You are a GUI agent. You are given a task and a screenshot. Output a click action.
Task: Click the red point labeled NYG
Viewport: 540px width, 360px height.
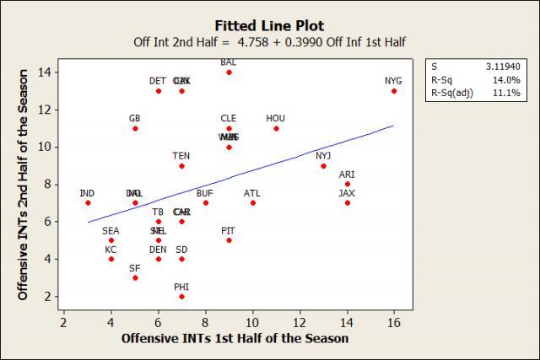click(394, 91)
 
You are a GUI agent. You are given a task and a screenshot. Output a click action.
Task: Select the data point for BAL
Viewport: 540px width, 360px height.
click(229, 73)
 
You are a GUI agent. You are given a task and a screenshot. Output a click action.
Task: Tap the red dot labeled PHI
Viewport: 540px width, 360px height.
click(181, 297)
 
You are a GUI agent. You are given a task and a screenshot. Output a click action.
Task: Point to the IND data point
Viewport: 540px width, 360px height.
click(88, 202)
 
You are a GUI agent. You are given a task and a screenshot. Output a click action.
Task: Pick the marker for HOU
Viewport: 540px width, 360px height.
click(276, 128)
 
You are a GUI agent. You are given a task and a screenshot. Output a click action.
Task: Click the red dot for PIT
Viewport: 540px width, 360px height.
click(229, 240)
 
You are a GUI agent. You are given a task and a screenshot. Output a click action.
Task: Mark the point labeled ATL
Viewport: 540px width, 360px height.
click(252, 202)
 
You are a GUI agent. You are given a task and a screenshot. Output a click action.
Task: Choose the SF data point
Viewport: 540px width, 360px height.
click(135, 277)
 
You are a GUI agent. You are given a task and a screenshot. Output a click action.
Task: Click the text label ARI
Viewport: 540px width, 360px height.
click(347, 175)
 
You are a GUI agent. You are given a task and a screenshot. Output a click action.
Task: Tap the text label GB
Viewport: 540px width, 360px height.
click(135, 118)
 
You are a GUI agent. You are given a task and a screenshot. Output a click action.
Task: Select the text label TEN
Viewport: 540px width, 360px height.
click(181, 156)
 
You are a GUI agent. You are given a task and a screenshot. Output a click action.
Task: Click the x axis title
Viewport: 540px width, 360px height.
click(235, 338)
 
